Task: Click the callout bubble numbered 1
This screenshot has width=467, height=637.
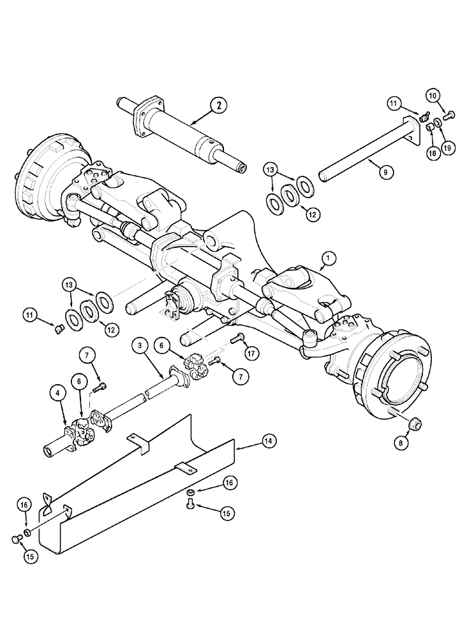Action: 329,258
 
